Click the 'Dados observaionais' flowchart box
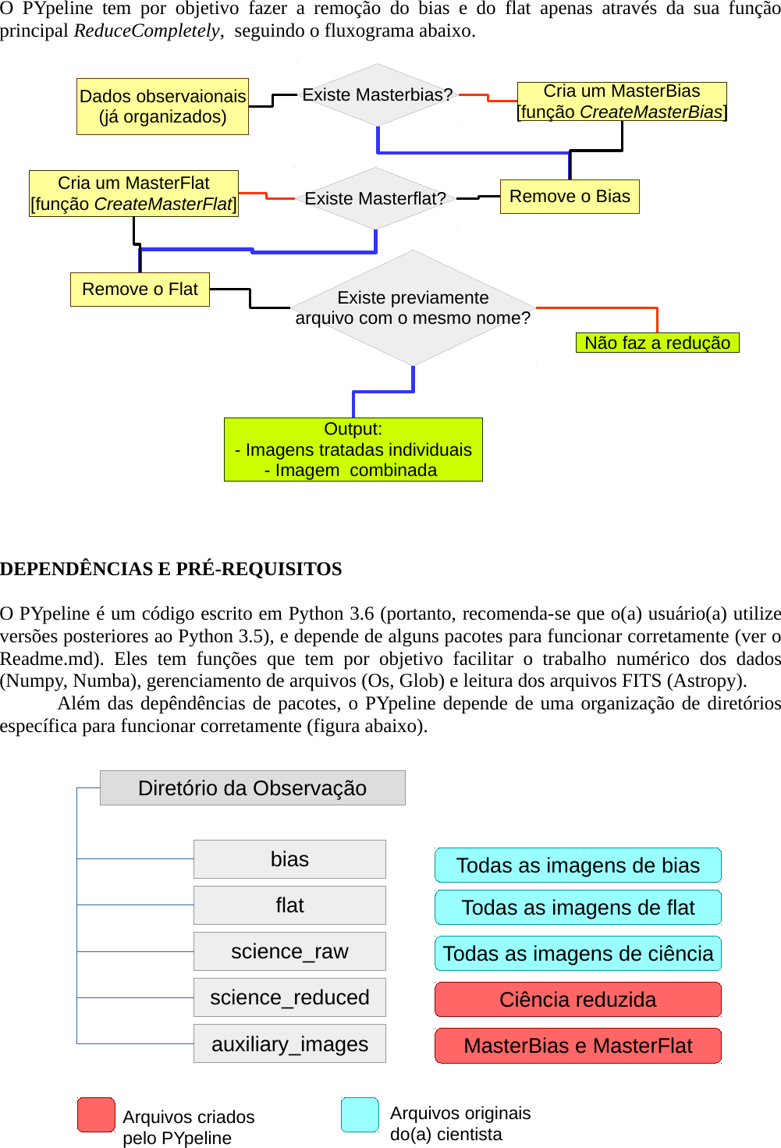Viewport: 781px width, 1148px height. (x=162, y=106)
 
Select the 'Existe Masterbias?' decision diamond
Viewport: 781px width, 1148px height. (x=378, y=94)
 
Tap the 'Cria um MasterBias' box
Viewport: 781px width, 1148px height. (x=622, y=101)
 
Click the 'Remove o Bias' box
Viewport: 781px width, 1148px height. (x=570, y=196)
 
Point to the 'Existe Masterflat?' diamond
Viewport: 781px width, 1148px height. (x=375, y=198)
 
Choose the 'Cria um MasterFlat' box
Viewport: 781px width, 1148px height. (x=133, y=193)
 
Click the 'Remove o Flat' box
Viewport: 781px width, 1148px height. (x=140, y=289)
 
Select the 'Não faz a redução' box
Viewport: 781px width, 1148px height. (x=657, y=343)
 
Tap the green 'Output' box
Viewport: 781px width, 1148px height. (x=353, y=450)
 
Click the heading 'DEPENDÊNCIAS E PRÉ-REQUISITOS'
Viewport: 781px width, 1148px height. (x=171, y=569)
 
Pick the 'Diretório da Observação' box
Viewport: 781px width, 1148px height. (x=252, y=787)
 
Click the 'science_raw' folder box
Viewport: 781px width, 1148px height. (x=289, y=951)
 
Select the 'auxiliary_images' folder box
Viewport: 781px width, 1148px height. (x=289, y=1043)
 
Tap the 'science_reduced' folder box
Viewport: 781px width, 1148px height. (x=289, y=997)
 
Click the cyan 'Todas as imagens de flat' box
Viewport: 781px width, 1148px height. (x=577, y=908)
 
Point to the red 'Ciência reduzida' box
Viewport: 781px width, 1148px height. (x=577, y=1000)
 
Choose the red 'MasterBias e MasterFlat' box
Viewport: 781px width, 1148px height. (x=577, y=1046)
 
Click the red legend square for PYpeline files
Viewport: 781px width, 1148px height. (x=96, y=1114)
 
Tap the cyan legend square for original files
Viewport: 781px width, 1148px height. (x=360, y=1114)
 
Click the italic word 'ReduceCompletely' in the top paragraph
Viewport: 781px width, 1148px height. (x=147, y=31)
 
